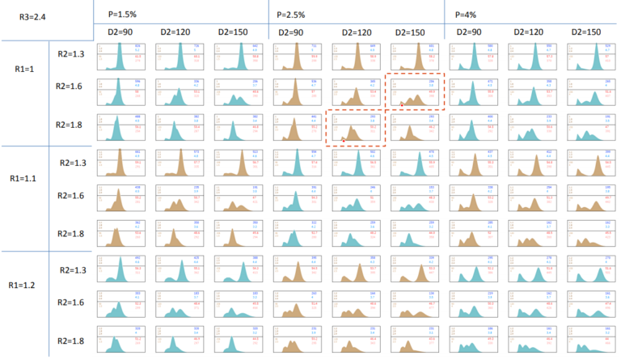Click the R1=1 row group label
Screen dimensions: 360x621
pyautogui.click(x=25, y=91)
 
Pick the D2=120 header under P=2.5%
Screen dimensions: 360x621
pyautogui.click(x=356, y=32)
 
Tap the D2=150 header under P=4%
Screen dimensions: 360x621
pyautogui.click(x=586, y=32)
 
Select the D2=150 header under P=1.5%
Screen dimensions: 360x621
pyautogui.click(x=232, y=32)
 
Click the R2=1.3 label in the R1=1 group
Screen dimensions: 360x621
pyautogui.click(x=73, y=53)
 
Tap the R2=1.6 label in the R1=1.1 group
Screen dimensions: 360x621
pyautogui.click(x=73, y=195)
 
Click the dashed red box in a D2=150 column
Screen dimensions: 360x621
pyautogui.click(x=414, y=91)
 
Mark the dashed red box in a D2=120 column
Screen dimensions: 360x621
pyautogui.click(x=356, y=127)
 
